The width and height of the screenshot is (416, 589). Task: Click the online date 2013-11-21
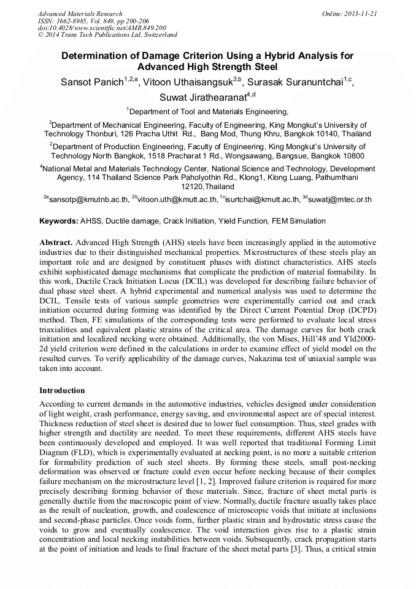tap(360, 14)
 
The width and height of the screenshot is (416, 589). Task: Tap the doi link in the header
tap(102, 28)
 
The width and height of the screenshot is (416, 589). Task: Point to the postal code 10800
tap(349, 156)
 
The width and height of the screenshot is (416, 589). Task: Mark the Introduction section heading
tap(62, 391)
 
